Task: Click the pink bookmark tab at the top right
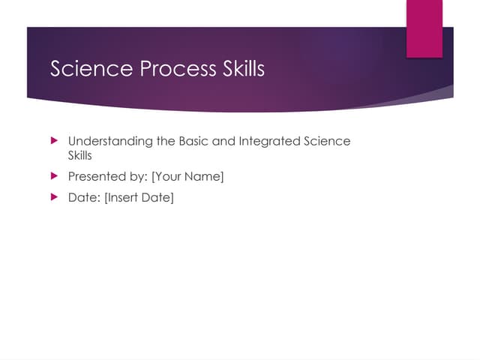click(x=424, y=28)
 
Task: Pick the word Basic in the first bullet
click(x=195, y=141)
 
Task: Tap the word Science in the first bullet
click(x=328, y=141)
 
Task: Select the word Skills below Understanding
click(x=80, y=156)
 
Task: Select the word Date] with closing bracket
click(x=159, y=198)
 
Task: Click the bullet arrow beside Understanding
click(x=53, y=141)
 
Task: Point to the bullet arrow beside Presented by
click(x=53, y=177)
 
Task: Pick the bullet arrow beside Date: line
click(x=53, y=198)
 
